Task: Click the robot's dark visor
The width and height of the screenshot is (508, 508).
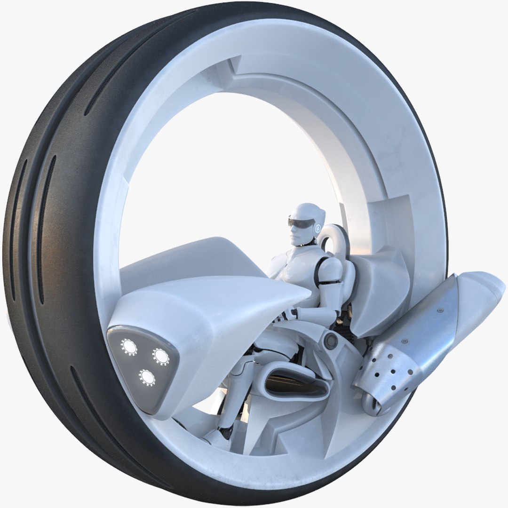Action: click(301, 223)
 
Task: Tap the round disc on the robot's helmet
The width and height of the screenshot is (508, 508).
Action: click(319, 229)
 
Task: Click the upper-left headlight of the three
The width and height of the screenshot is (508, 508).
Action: click(129, 347)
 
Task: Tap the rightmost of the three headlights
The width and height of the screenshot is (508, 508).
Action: click(161, 356)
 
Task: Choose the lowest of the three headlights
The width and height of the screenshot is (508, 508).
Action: click(147, 376)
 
